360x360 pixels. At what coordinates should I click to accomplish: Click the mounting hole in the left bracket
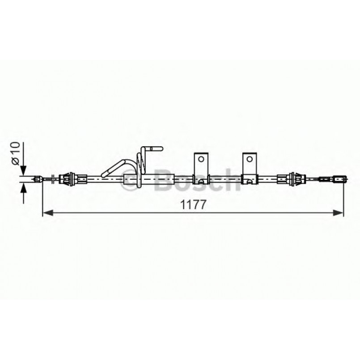tap(201, 159)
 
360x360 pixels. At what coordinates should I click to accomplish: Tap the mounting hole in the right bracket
tap(250, 159)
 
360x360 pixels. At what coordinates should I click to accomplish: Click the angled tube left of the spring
tap(115, 167)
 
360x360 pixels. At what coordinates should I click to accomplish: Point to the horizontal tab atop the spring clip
tap(154, 148)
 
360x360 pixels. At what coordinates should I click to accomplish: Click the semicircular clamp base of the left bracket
tap(202, 181)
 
